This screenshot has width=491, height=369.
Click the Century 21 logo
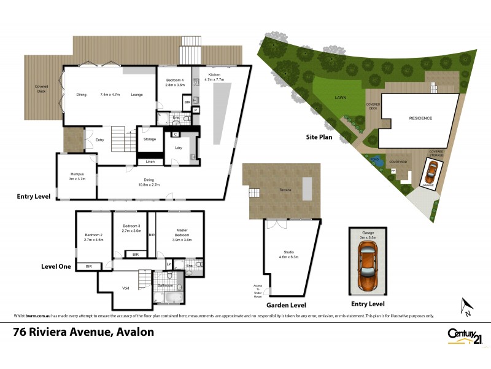click(462, 336)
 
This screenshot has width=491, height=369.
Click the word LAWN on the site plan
click(341, 97)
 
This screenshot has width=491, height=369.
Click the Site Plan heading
click(320, 137)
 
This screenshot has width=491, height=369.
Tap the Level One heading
click(56, 266)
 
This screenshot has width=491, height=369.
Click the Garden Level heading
click(285, 304)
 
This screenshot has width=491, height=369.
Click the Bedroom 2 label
click(93, 237)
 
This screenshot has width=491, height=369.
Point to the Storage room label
click(150, 140)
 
